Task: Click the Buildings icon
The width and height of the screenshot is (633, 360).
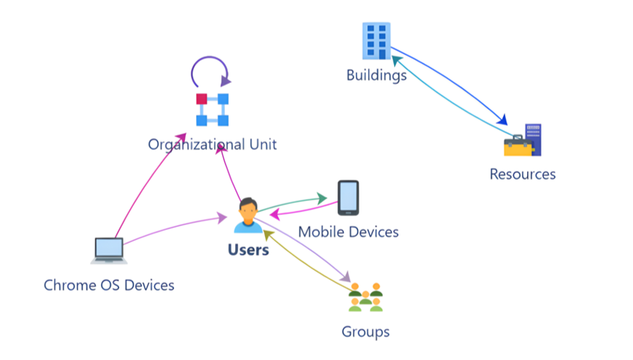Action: point(376,40)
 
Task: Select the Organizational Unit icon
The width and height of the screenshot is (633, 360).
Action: point(212,109)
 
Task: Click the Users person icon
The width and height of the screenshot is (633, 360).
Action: point(248,215)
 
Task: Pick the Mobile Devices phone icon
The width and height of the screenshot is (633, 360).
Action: point(348,197)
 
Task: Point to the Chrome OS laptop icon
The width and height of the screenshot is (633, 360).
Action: point(109,250)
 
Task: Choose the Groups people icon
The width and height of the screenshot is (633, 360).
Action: point(365,297)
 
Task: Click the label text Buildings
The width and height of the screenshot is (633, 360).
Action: point(376,75)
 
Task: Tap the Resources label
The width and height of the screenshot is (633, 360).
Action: point(523,174)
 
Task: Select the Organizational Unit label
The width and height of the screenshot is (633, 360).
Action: point(212,144)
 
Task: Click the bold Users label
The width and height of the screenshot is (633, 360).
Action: point(248,250)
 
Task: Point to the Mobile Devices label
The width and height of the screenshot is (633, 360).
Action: point(348,232)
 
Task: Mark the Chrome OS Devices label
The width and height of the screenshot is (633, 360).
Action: point(109,285)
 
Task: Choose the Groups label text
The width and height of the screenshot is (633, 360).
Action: point(365,332)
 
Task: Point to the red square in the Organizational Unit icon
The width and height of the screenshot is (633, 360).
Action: point(201,99)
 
